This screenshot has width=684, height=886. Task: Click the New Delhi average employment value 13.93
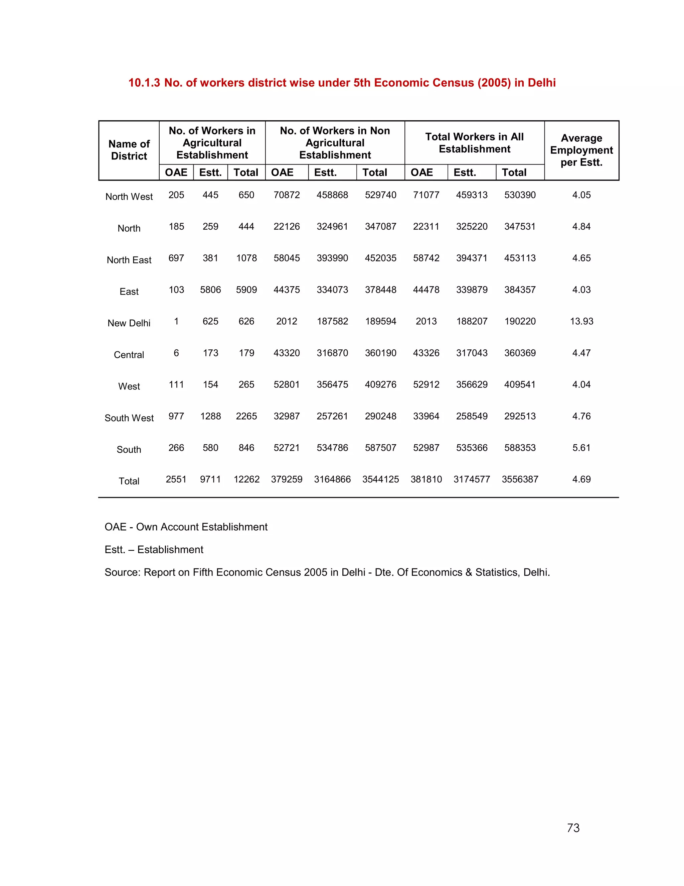(581, 321)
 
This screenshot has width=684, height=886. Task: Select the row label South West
(129, 418)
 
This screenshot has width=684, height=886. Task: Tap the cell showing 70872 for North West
(287, 195)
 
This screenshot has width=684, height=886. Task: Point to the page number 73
(573, 828)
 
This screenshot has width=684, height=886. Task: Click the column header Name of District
(129, 150)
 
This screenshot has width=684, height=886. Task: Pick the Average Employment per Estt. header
(581, 150)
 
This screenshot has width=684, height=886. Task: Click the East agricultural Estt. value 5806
(210, 290)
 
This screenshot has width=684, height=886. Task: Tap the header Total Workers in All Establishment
(474, 143)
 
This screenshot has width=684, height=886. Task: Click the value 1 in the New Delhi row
(176, 321)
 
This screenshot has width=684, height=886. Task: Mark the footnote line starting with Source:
(327, 572)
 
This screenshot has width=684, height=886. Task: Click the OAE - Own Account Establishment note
(186, 527)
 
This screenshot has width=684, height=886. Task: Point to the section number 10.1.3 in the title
(144, 83)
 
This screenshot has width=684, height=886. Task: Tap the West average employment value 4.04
(581, 384)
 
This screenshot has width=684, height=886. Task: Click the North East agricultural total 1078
(246, 258)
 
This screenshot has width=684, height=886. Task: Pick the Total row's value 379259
(287, 479)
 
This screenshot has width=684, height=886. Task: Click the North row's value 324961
(332, 226)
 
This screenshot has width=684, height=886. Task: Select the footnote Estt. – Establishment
(154, 550)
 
